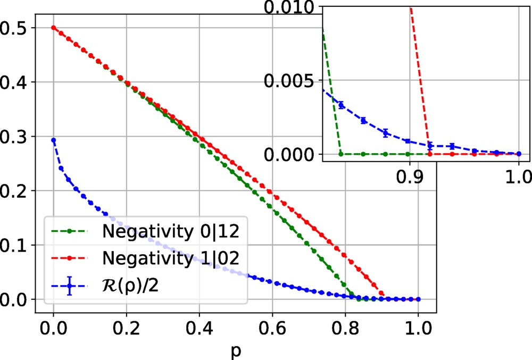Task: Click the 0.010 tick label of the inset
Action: [x=290, y=8]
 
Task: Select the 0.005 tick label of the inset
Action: [x=290, y=81]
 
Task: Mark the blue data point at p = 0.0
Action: [x=53, y=140]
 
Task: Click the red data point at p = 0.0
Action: [x=53, y=28]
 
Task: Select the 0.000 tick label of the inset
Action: [x=290, y=154]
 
